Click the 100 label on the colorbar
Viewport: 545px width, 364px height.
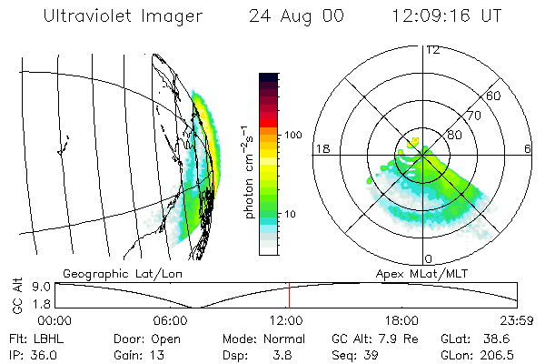[x=292, y=135]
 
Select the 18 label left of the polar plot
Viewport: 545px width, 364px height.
[x=321, y=148]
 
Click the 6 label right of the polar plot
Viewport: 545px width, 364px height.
[x=528, y=148]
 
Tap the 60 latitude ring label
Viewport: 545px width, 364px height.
[x=494, y=96]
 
